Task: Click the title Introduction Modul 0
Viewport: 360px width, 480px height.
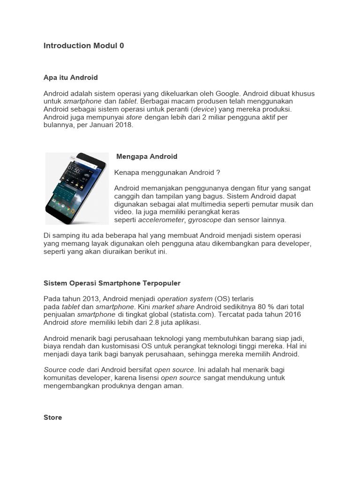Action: coord(84,46)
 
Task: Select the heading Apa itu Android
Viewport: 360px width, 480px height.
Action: coord(71,77)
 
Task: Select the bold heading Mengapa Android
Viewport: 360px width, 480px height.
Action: coord(147,157)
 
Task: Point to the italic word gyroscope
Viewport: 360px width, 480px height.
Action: coord(204,220)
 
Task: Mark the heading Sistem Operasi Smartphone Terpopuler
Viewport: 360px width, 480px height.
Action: coord(112,284)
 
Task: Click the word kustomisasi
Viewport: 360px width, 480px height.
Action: coord(106,346)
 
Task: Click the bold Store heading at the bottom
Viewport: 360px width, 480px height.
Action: coord(53,418)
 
